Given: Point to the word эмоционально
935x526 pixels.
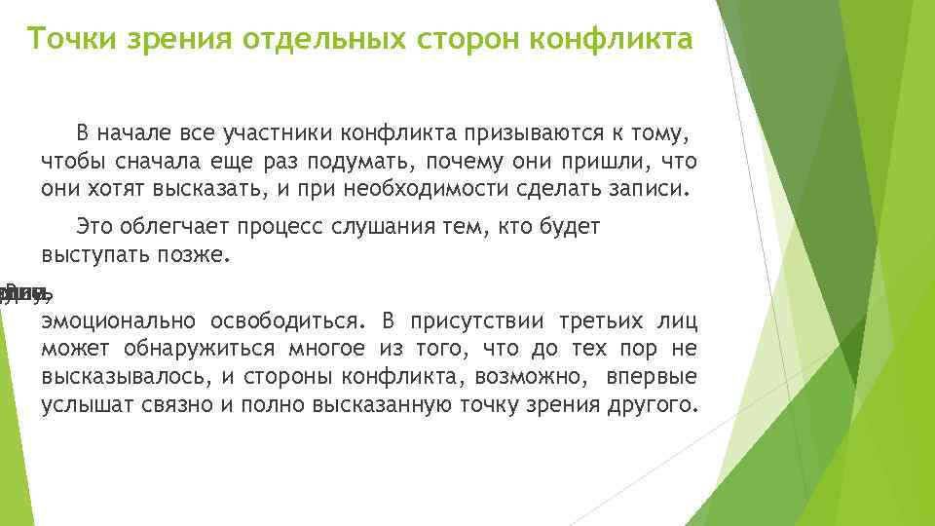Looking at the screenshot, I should [118, 320].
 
